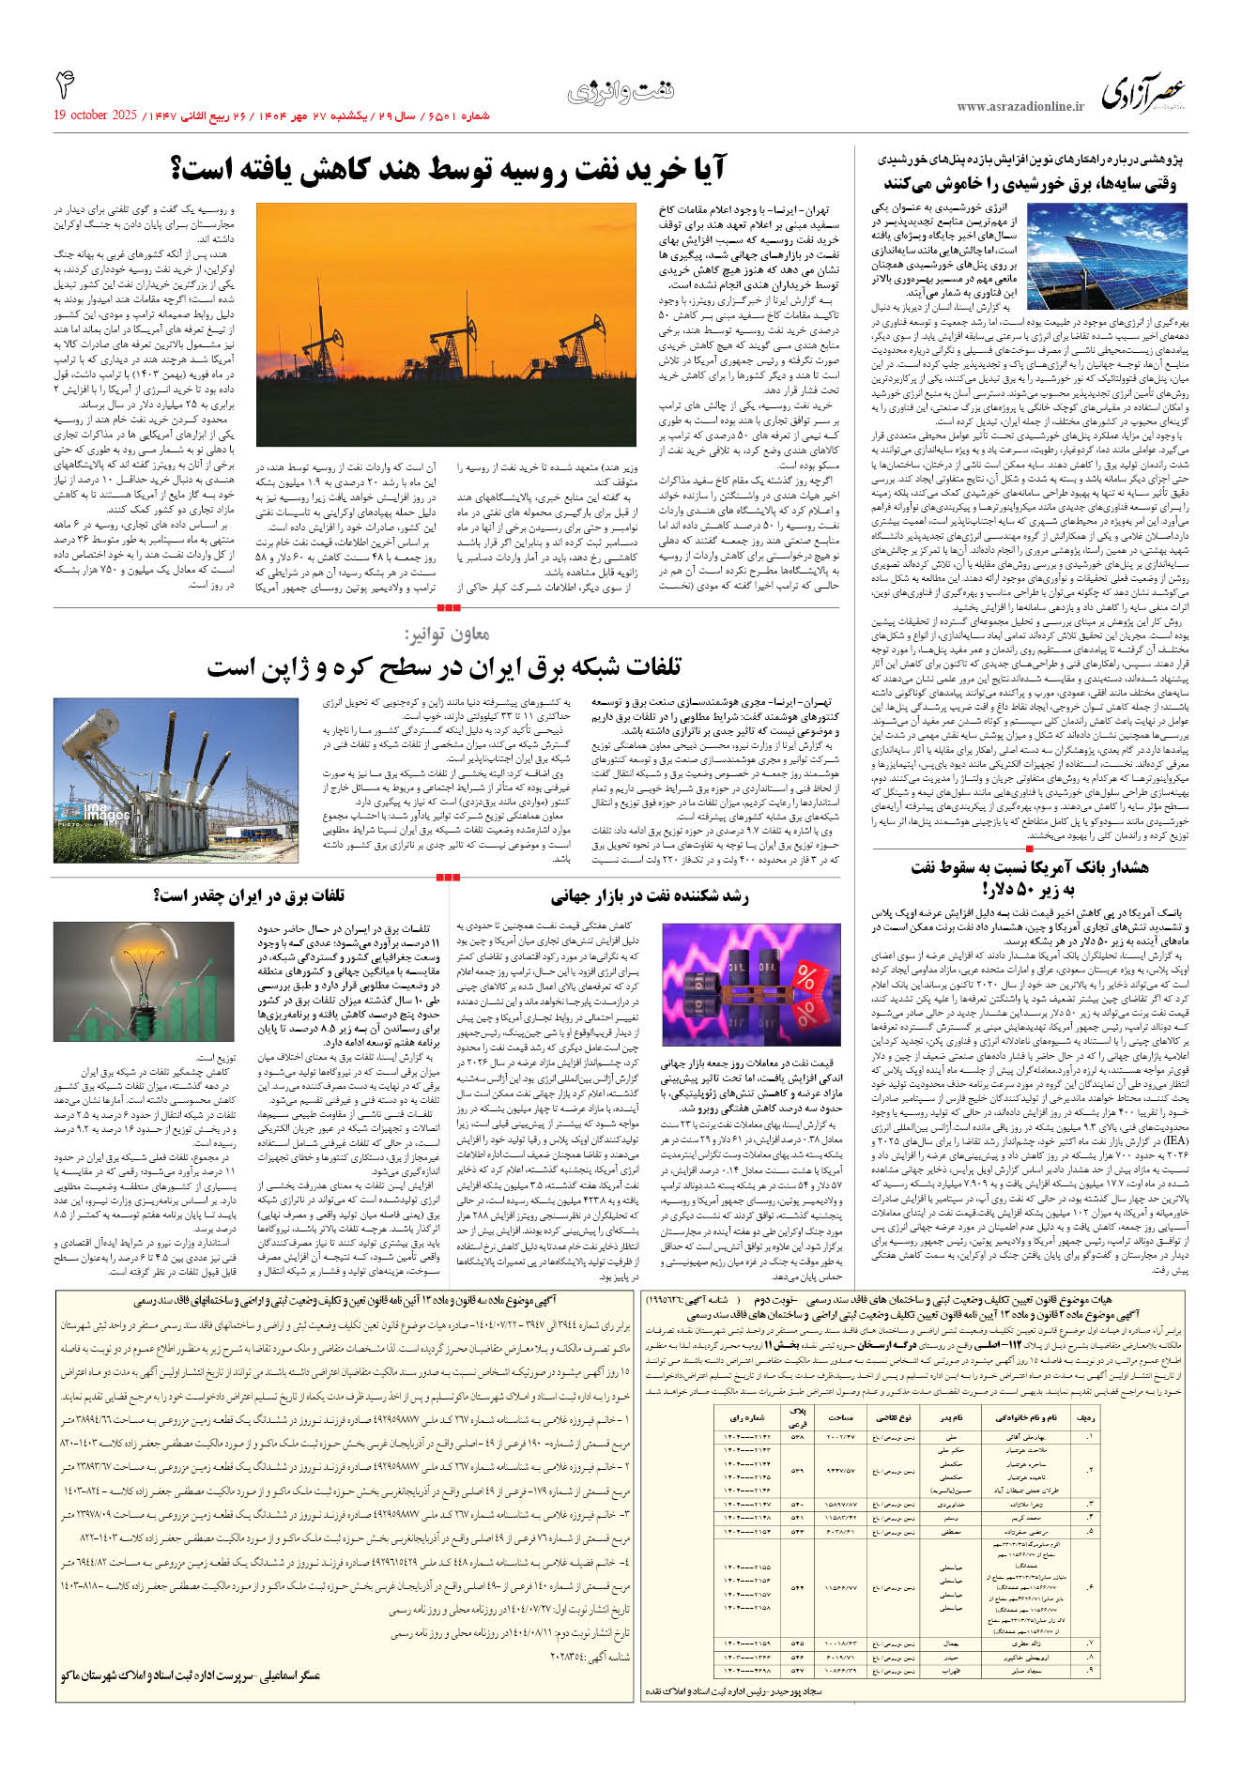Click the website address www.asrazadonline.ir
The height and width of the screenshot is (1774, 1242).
1020,107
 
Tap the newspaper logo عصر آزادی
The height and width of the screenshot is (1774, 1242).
1143,94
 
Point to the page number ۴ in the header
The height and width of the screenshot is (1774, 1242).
65,86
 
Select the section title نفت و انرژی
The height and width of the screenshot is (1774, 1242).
621,92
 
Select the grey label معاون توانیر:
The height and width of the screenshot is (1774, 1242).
447,634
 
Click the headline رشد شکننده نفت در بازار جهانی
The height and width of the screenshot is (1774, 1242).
650,896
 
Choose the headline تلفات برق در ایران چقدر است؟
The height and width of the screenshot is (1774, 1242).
249,895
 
